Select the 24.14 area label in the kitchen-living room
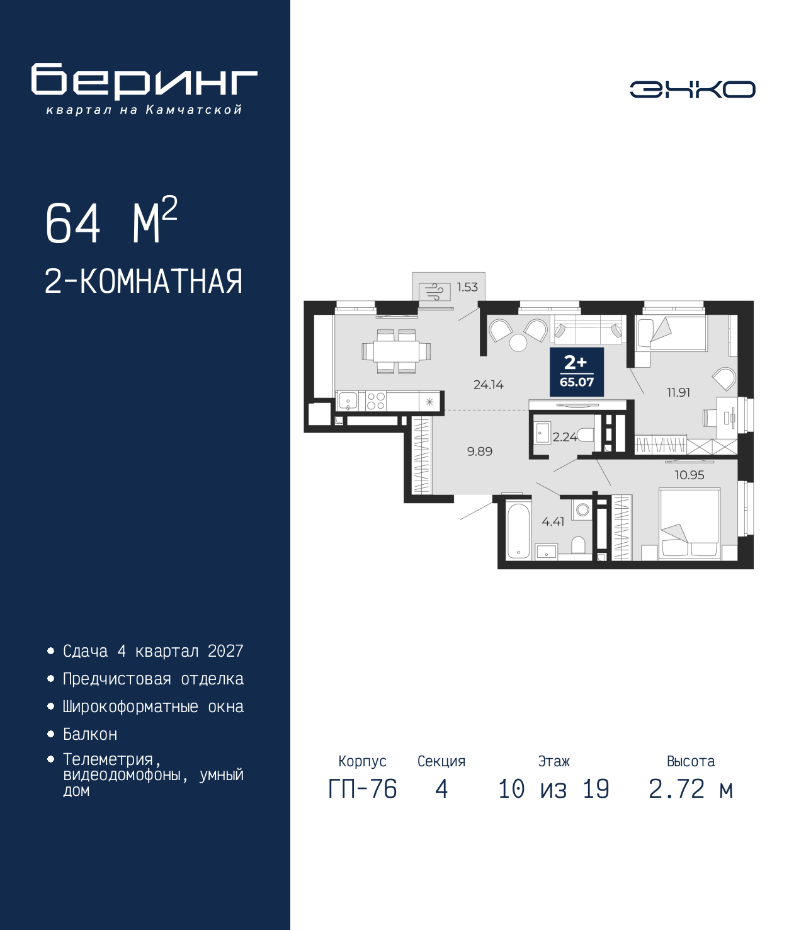tap(488, 385)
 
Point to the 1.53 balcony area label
tap(467, 287)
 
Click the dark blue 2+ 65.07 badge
tap(577, 372)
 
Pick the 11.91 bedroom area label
tap(678, 392)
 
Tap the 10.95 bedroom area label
tap(689, 475)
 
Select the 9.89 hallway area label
tap(480, 451)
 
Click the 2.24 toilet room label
tap(564, 437)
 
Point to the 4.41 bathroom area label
tap(553, 522)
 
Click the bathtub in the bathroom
tap(518, 530)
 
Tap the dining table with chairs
tap(396, 351)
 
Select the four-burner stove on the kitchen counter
tap(376, 401)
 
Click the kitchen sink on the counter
tap(348, 401)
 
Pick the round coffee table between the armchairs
tap(518, 343)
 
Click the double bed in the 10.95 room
tap(690, 525)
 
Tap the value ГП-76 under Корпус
tap(362, 789)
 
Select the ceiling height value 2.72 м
tap(691, 789)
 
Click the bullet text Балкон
tap(90, 734)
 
